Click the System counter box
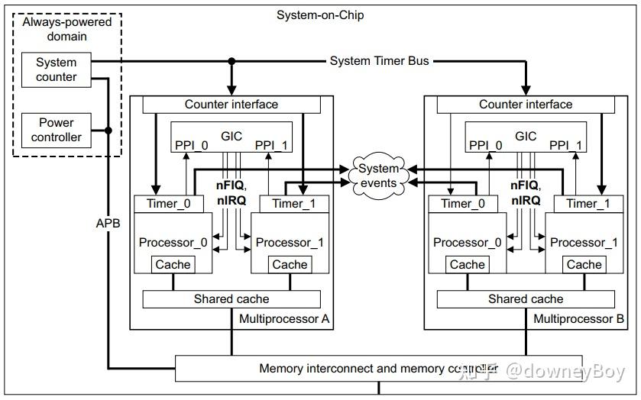(57, 69)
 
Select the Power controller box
(57, 130)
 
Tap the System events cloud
(379, 176)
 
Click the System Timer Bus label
(379, 60)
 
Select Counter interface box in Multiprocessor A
(231, 105)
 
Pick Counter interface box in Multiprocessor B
(525, 105)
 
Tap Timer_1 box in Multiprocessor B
(588, 203)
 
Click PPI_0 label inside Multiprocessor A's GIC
(192, 145)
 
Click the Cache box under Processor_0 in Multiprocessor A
(173, 264)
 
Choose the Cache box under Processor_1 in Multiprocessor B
(584, 264)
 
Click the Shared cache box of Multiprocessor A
(231, 299)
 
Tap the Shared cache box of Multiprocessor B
(525, 299)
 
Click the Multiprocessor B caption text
(578, 318)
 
